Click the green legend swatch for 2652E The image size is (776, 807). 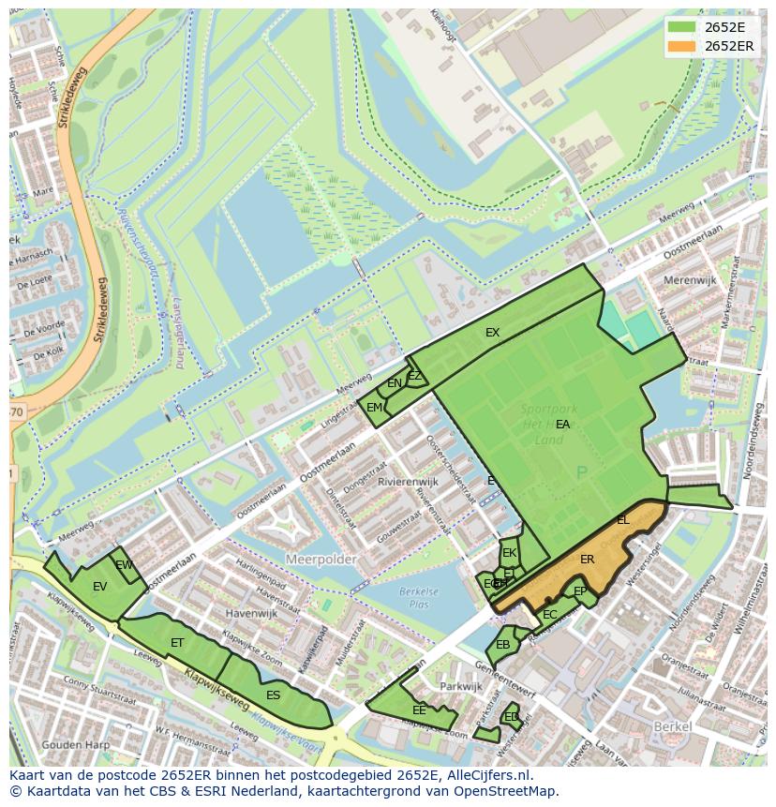(x=682, y=27)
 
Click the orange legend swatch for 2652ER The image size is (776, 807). (x=682, y=46)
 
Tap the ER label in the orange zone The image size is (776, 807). (x=587, y=560)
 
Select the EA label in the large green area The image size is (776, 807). (x=562, y=425)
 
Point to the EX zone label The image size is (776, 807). (x=492, y=333)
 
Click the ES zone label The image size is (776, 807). (x=273, y=695)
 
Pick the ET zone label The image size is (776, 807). (x=177, y=643)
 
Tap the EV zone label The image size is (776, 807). (x=99, y=587)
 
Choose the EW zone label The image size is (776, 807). (x=124, y=564)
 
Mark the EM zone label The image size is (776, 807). (x=374, y=408)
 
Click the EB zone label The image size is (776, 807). (x=502, y=645)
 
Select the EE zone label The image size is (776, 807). (x=419, y=710)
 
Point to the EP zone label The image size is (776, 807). (x=580, y=591)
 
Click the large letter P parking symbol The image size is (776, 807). (x=581, y=474)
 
